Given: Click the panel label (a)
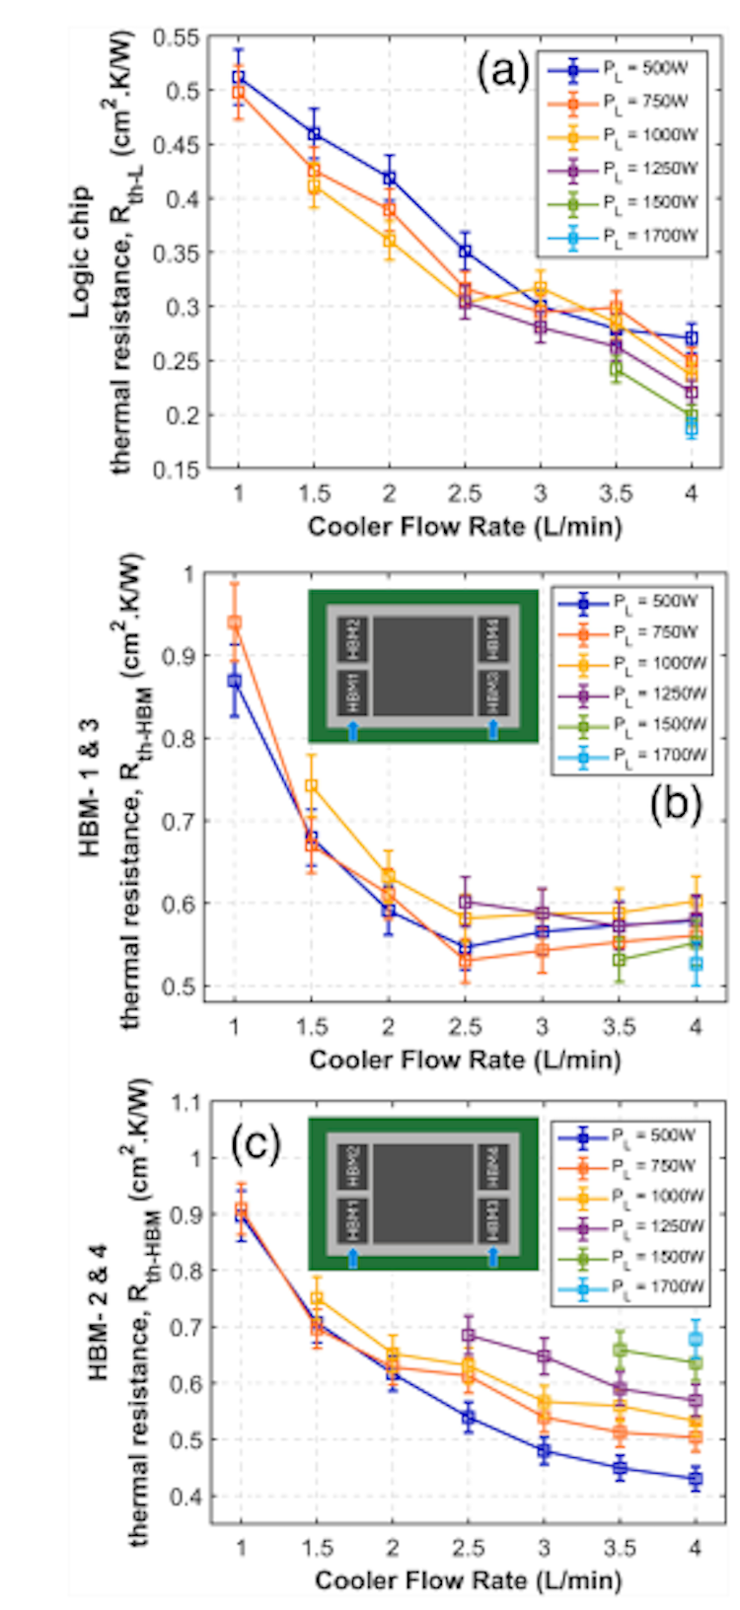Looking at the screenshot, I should coord(502,72).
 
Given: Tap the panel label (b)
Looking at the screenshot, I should coord(676,806).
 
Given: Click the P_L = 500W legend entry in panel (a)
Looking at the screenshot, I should coord(623,68).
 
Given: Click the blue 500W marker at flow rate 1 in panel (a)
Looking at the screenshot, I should coord(239,78).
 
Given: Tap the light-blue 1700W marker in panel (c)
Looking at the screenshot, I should coord(695,1340).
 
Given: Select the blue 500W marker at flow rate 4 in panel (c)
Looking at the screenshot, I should coord(695,1480).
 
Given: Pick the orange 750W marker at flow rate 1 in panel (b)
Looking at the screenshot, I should coord(235,622).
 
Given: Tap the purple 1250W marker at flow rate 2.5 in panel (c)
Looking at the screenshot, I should coord(469,1336).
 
